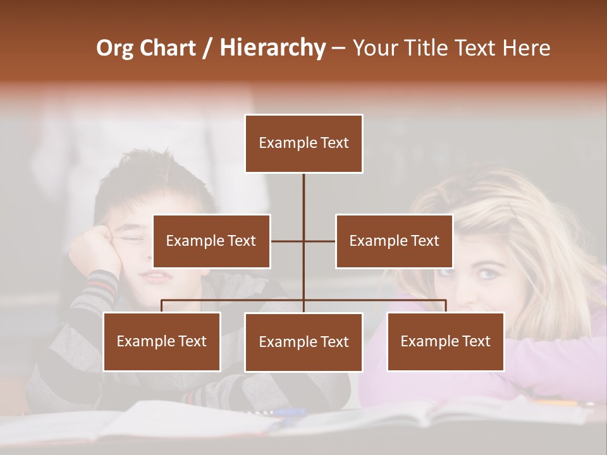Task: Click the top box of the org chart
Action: [x=303, y=143]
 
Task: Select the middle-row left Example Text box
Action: [x=211, y=241]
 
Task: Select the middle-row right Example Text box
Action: [x=394, y=241]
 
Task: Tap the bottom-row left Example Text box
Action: [x=162, y=341]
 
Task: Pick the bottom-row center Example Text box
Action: [x=303, y=342]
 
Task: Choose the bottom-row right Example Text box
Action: [x=445, y=341]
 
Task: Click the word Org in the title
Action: [x=114, y=48]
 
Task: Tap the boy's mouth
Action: [x=157, y=276]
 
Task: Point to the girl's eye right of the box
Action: [x=486, y=273]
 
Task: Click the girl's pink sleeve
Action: [x=556, y=360]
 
